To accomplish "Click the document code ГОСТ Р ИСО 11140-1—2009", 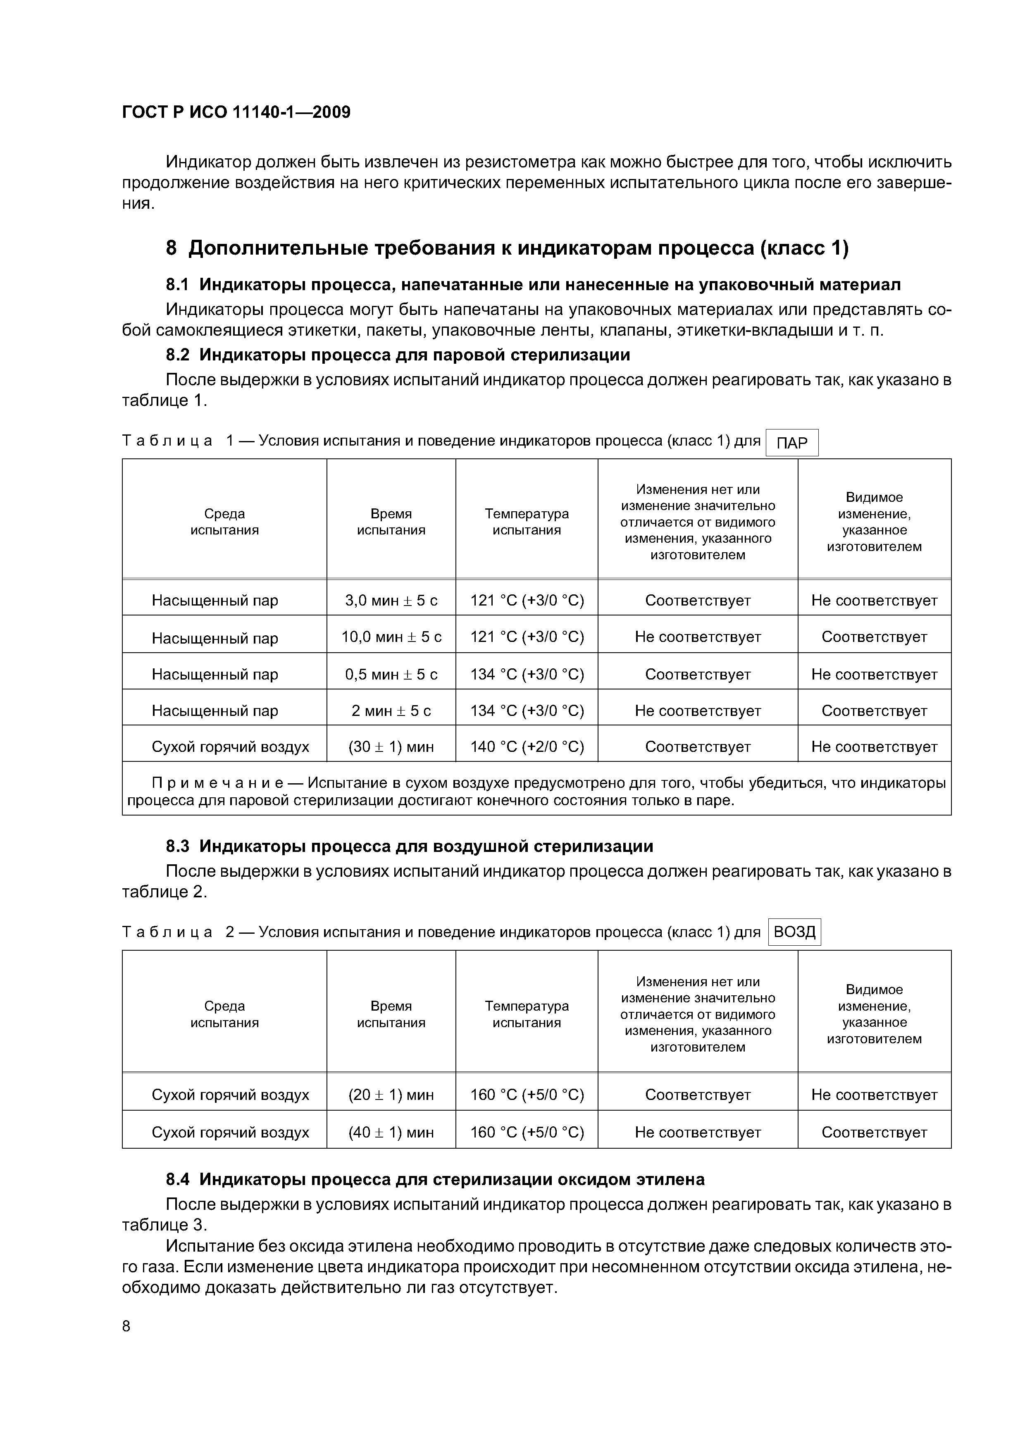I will [236, 112].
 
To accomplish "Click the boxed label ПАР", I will [791, 443].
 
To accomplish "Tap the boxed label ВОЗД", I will [794, 932].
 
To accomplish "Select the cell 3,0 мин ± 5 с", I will [391, 600].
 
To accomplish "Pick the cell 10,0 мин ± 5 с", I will [391, 637].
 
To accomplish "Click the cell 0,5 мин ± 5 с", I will [391, 674].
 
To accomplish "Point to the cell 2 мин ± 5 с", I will [391, 711].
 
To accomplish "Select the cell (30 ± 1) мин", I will [391, 746].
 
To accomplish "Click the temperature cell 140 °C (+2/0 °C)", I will [527, 746].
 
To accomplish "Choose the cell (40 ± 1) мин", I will [391, 1132].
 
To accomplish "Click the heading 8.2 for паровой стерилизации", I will [398, 355].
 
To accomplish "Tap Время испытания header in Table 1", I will [391, 522].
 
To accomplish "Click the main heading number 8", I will [171, 248].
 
